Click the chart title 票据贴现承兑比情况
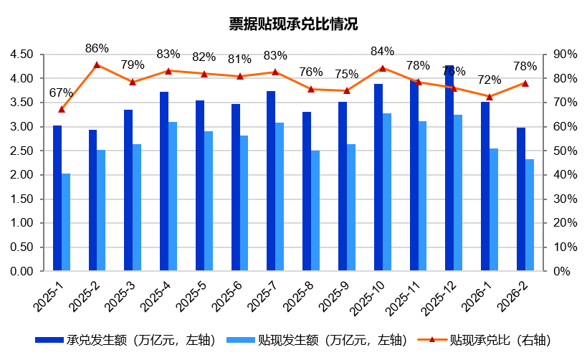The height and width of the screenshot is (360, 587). click(x=293, y=24)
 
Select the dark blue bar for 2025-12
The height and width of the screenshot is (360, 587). click(x=449, y=169)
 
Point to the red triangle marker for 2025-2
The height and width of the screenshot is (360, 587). click(x=97, y=65)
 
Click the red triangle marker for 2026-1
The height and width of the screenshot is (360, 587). click(x=490, y=97)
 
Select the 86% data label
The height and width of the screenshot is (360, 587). click(x=97, y=49)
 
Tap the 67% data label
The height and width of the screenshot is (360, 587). click(x=61, y=93)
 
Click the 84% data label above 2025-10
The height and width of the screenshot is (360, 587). click(x=383, y=51)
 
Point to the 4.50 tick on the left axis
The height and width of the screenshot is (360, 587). click(x=22, y=55)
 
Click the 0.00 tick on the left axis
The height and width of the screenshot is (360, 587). click(x=22, y=272)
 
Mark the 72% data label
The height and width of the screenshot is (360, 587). click(x=490, y=80)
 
